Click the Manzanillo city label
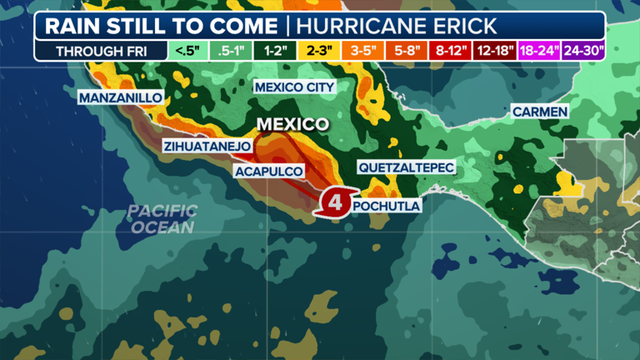pos(121,98)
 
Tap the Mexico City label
pos(294,87)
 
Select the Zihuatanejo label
pos(207,147)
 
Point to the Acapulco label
pos(269,172)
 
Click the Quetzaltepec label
pos(407,167)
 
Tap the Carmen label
pos(539,111)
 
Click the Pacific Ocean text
pos(162,219)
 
